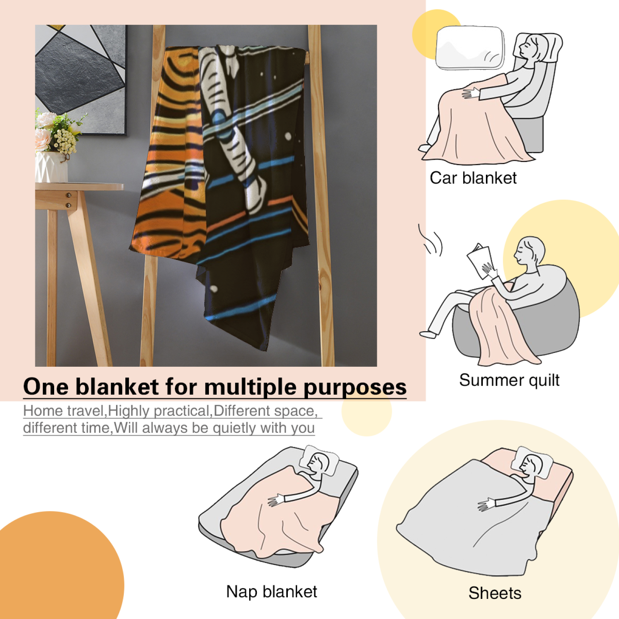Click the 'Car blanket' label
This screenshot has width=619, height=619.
point(473,178)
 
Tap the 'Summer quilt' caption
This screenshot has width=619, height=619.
point(509,380)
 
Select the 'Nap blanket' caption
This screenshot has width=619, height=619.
point(272,592)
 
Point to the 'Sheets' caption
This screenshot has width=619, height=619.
point(495,593)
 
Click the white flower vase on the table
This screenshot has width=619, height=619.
point(51,167)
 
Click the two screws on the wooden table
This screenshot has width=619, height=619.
point(68,200)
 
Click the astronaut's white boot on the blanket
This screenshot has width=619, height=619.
point(255,196)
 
